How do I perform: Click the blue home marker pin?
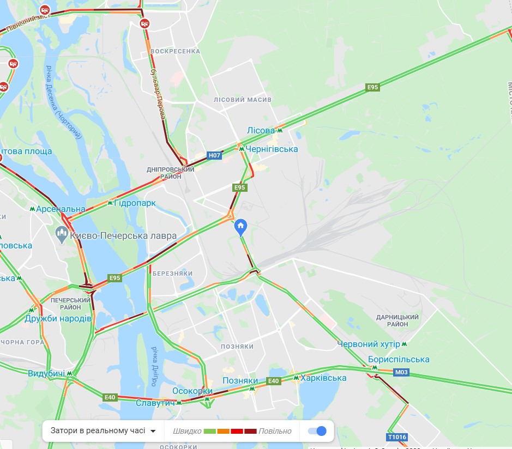click(240, 226)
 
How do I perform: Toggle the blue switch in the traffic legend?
click(317, 431)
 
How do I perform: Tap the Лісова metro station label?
click(261, 131)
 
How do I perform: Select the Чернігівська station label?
click(272, 149)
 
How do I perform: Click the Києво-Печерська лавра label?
click(124, 236)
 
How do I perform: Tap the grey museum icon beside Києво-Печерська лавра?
click(62, 235)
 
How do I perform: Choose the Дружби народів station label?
click(58, 318)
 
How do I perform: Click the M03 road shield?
click(401, 372)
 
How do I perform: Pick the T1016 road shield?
click(397, 437)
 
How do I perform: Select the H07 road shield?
click(215, 156)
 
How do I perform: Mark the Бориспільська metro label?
click(399, 360)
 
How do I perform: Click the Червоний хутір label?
click(369, 344)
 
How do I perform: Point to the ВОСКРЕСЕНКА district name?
click(175, 51)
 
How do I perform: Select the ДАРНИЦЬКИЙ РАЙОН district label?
click(397, 320)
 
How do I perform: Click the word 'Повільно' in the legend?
click(275, 431)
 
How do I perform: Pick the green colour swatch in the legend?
click(210, 431)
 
